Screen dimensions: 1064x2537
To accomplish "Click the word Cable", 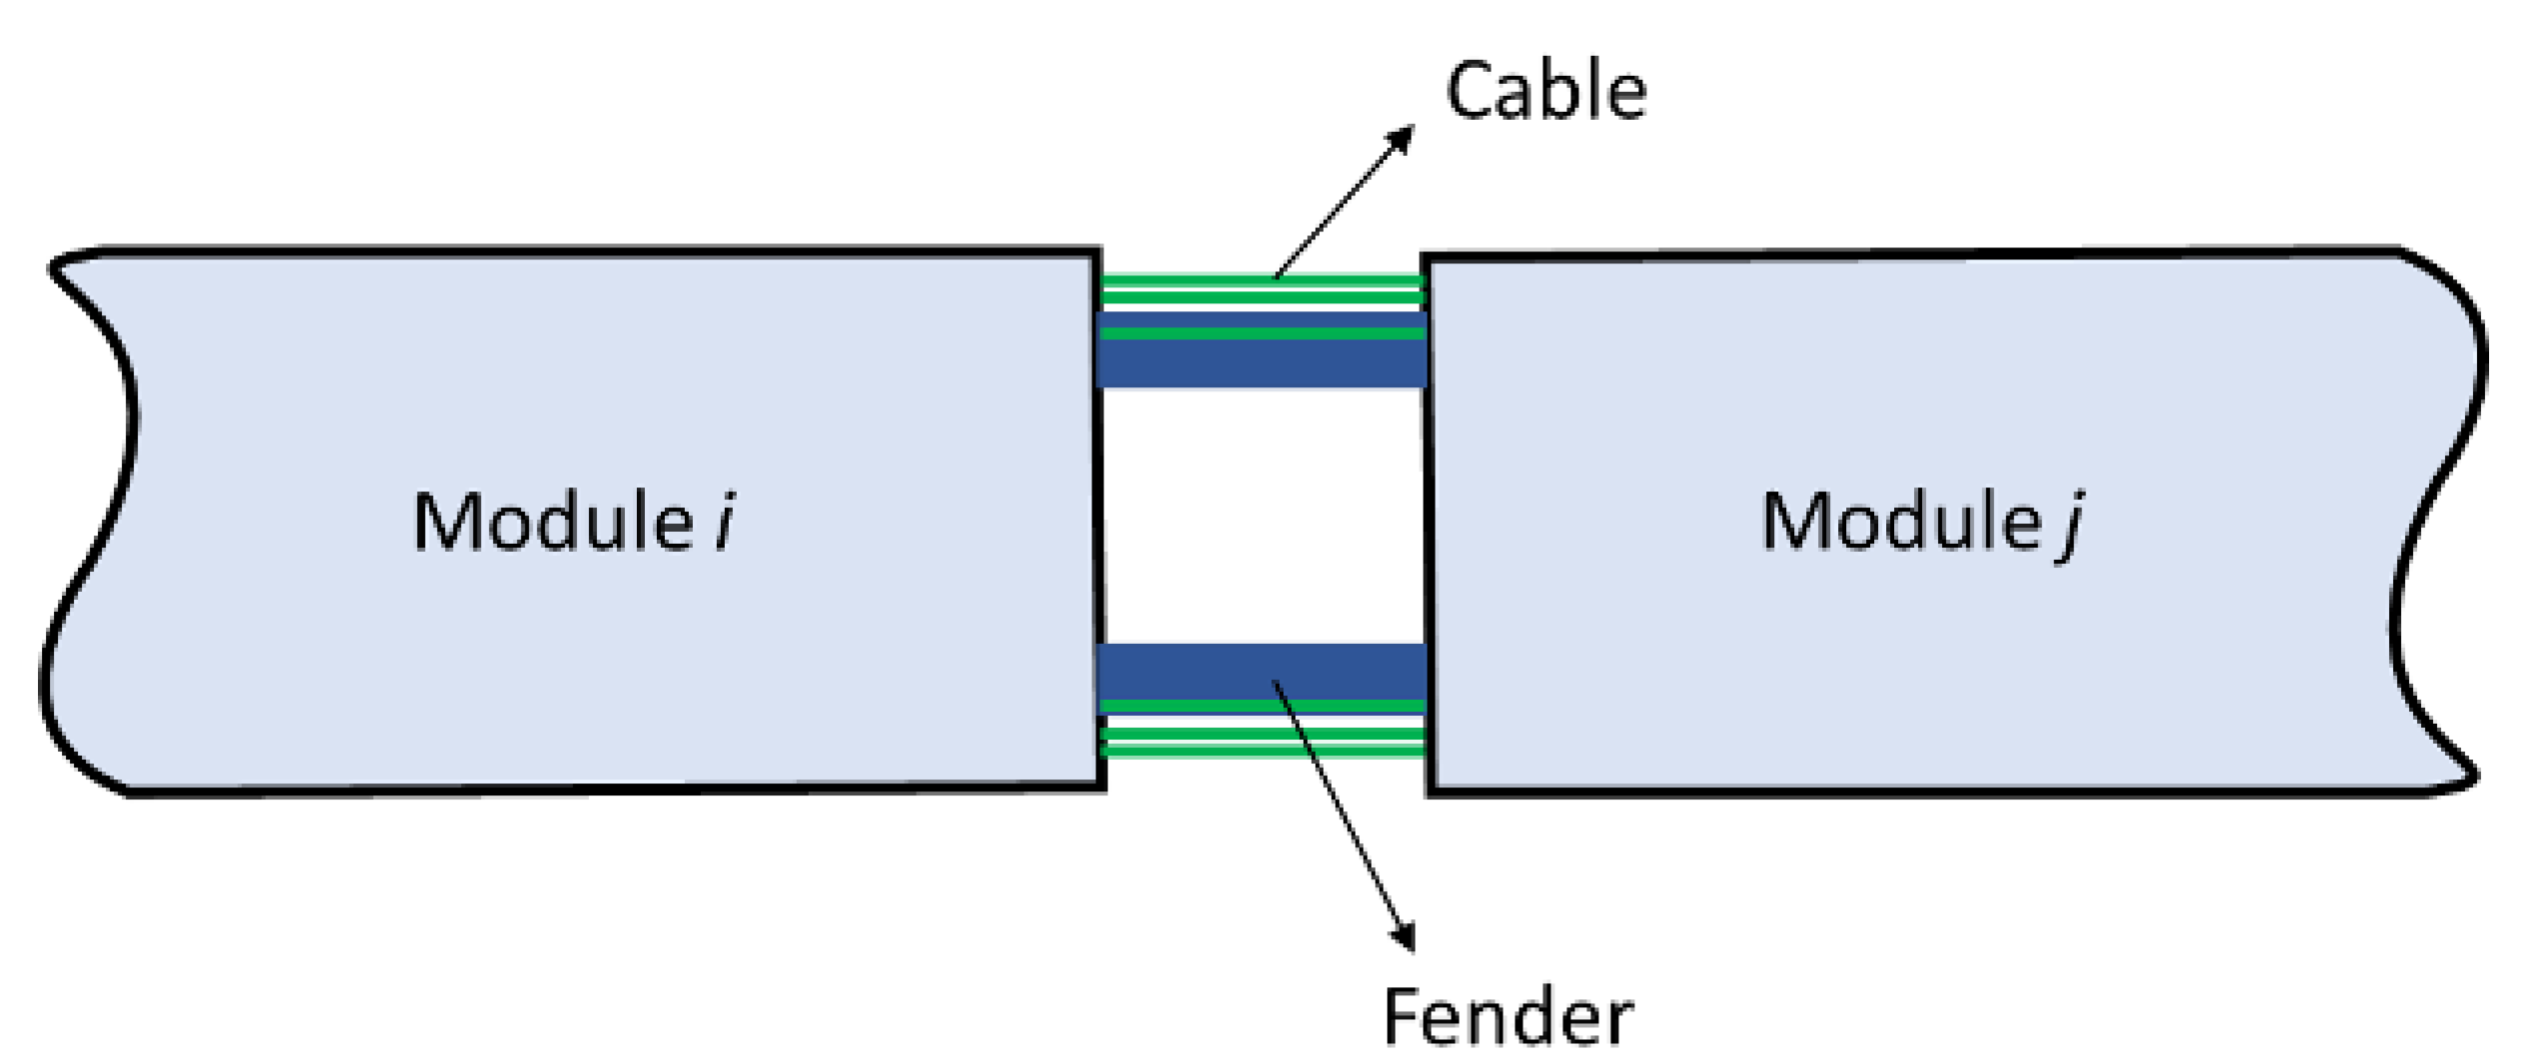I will tap(1546, 92).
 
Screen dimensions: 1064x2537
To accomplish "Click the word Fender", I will tap(1508, 1018).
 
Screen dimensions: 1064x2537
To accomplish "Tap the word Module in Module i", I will tap(553, 521).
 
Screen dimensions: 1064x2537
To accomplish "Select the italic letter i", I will tap(726, 521).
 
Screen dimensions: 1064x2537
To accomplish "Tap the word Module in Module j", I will tap(1900, 521).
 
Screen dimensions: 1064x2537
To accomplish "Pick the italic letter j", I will tap(2072, 527).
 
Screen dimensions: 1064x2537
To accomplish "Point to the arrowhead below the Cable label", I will tap(1403, 138).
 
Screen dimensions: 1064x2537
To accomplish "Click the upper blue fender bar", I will tap(1261, 363).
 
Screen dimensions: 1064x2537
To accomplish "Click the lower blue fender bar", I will tap(1261, 671).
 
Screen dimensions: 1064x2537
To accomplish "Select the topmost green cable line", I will tap(1261, 280).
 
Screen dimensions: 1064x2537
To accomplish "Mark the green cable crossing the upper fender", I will tap(1261, 332).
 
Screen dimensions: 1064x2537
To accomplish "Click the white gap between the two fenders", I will tap(1261, 515).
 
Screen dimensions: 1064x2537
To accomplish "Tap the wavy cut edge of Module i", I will tap(100, 519).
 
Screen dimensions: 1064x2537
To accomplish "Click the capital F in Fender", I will tap(1402, 1018).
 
